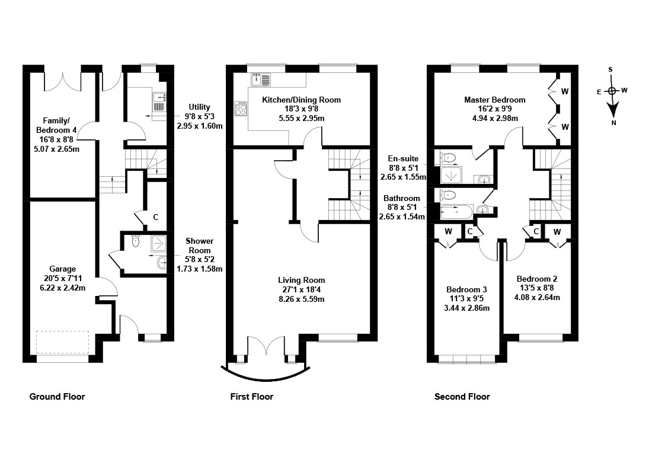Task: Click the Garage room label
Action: (x=62, y=269)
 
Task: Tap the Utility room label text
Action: (x=200, y=107)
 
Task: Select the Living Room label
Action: (x=301, y=280)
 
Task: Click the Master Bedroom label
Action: (x=495, y=100)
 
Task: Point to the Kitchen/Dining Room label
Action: (x=301, y=100)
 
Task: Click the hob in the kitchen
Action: (x=241, y=109)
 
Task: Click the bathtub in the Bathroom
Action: (x=456, y=211)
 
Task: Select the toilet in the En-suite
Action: (x=447, y=157)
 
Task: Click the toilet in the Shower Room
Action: (x=135, y=241)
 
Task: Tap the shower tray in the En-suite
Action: (x=448, y=175)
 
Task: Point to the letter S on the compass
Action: (x=610, y=69)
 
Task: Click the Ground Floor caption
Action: (x=57, y=397)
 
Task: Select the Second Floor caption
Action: (x=462, y=397)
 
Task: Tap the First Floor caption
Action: (x=252, y=397)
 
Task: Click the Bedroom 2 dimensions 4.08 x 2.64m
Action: (x=537, y=298)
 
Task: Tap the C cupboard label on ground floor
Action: (x=156, y=217)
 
